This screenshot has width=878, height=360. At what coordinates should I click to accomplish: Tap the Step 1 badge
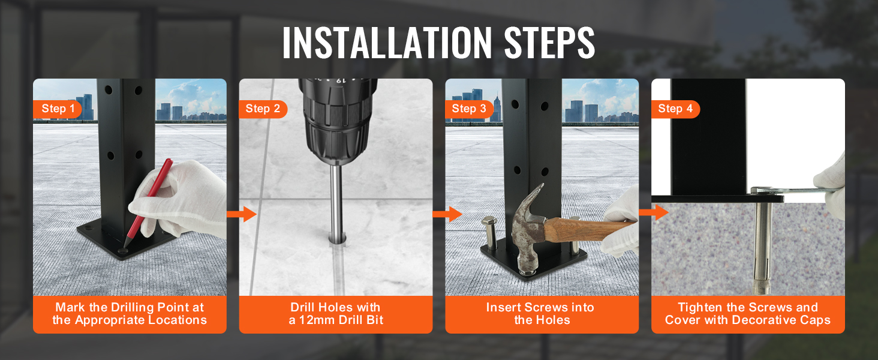point(58,109)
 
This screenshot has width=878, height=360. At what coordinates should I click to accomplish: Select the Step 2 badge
point(263,109)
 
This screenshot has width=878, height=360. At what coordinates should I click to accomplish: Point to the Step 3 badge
point(469,109)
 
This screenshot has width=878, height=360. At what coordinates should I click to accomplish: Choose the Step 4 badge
point(675,109)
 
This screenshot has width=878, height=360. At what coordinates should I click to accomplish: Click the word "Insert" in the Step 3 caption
point(504,307)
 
